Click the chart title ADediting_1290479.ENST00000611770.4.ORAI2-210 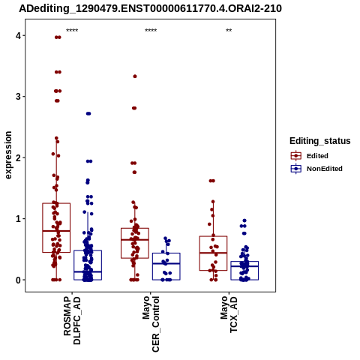tap(151, 8)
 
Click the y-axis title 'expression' tap(8, 155)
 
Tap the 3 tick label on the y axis tap(18, 97)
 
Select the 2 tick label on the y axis tap(18, 157)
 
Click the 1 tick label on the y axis tap(18, 219)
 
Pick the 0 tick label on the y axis tap(18, 280)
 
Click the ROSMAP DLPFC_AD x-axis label tap(72, 320)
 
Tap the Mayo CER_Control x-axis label tap(151, 324)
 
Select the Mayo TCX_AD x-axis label tap(229, 314)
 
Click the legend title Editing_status tap(320, 141)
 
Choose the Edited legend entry tap(310, 156)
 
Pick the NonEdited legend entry tap(316, 169)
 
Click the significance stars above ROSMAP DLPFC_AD tap(72, 31)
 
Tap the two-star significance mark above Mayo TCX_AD tap(229, 31)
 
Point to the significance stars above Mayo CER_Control tap(151, 31)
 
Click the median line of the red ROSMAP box tap(56, 231)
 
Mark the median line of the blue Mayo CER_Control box tap(166, 263)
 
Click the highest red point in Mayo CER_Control tap(135, 76)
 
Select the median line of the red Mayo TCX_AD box tap(213, 253)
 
